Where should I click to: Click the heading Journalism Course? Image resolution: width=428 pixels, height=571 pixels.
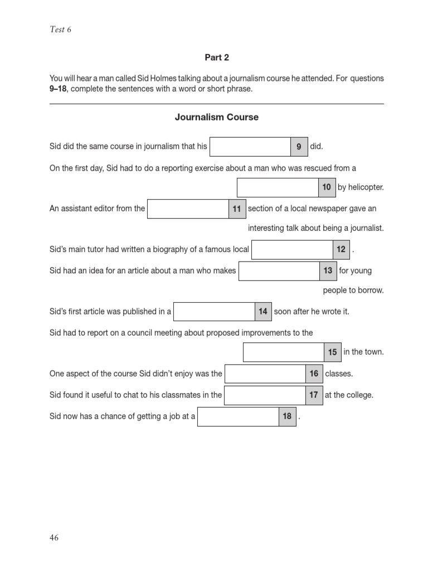point(216,117)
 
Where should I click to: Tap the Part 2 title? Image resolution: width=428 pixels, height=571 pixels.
point(217,57)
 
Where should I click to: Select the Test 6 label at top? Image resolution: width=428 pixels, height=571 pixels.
point(61,30)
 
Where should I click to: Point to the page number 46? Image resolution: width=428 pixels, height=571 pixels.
point(54,538)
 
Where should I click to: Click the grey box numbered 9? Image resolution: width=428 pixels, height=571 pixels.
point(299,147)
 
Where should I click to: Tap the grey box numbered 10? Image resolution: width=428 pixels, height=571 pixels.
point(327,187)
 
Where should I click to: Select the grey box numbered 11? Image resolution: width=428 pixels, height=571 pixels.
point(237,209)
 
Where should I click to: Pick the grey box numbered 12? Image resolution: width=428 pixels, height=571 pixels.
point(341,250)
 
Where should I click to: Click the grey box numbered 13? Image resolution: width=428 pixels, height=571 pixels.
point(328,271)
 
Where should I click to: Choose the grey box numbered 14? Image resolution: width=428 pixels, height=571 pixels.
point(263,312)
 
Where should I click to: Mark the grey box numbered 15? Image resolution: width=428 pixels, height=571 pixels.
point(333,352)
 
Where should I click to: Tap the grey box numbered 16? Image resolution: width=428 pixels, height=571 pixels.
point(314,374)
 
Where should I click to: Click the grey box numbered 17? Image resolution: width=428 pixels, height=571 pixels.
point(314,395)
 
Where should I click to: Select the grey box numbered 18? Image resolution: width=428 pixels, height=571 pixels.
point(287,417)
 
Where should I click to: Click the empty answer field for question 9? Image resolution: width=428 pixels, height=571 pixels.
point(250,147)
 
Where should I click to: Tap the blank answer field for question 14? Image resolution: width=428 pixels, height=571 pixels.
point(215,312)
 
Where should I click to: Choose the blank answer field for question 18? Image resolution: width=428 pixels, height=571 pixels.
point(239,417)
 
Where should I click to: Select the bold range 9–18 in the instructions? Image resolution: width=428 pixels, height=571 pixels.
point(58,89)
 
